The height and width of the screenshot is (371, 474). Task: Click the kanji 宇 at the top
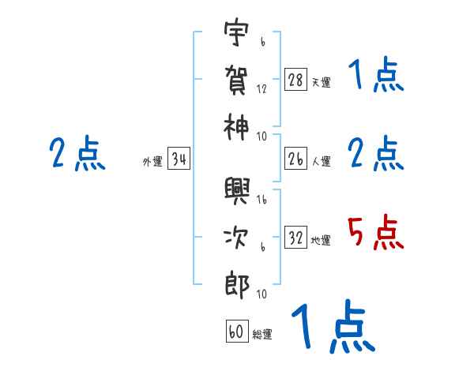click(237, 33)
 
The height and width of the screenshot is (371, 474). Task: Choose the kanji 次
click(237, 237)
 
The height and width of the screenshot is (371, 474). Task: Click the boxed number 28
click(296, 80)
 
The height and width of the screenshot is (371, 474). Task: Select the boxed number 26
click(296, 158)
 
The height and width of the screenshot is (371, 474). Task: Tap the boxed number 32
click(296, 237)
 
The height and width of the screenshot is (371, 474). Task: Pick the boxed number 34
click(179, 159)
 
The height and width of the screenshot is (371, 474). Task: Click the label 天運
click(321, 83)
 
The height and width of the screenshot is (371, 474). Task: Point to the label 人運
click(321, 161)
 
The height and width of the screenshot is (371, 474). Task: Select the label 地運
click(321, 240)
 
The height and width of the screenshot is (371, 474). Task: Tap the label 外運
click(152, 162)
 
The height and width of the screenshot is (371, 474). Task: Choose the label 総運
click(262, 334)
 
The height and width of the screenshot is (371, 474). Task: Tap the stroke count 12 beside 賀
click(261, 88)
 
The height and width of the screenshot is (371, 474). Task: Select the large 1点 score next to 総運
click(332, 328)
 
